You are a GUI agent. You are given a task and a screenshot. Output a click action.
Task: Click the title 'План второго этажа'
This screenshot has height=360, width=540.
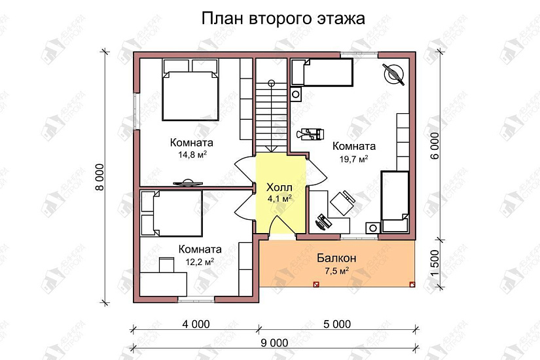tap(283, 18)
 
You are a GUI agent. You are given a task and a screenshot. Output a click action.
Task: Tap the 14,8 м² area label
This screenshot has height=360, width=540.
tap(189, 155)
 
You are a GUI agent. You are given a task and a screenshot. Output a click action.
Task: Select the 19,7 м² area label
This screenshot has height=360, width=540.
tap(353, 159)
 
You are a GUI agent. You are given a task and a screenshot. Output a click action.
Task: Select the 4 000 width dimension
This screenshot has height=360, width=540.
tap(195, 323)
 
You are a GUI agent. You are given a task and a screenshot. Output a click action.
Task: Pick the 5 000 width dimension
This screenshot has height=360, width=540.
tap(336, 323)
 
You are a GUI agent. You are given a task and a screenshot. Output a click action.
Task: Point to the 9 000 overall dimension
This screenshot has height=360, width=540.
tap(274, 342)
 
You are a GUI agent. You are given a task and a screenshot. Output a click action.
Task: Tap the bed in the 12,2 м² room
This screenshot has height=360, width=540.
tap(171, 213)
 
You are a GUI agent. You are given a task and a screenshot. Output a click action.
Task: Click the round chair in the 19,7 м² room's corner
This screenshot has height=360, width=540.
tap(395, 73)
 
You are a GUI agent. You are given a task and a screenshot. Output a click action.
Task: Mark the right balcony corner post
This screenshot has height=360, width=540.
tap(412, 284)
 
